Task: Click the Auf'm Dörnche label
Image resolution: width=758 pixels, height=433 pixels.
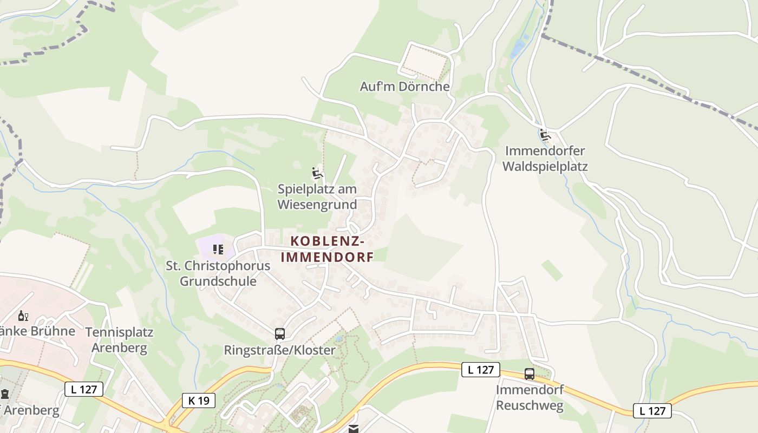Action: click(404, 87)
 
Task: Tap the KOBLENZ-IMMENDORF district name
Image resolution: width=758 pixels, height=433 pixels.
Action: click(327, 249)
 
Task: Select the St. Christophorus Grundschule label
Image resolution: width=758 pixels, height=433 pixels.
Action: click(218, 274)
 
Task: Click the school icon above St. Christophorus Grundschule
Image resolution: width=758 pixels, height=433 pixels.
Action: click(218, 250)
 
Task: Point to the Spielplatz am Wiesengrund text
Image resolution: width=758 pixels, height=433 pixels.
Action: click(317, 197)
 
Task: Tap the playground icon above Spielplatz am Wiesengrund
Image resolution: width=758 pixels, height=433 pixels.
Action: click(317, 174)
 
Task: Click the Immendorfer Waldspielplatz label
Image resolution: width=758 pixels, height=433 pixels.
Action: click(545, 159)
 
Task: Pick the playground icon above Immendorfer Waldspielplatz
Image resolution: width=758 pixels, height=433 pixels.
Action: click(545, 135)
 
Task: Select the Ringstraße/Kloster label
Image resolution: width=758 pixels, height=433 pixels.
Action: click(280, 350)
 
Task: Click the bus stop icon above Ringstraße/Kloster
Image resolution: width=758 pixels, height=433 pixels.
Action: click(280, 333)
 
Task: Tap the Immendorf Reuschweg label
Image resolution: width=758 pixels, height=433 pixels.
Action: click(530, 397)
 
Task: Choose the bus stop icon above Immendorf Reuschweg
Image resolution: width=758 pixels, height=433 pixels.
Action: click(530, 373)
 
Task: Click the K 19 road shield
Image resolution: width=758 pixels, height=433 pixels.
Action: click(199, 401)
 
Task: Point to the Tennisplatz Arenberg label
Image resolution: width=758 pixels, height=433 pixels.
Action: click(119, 340)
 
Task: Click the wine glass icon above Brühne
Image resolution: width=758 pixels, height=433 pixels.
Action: click(23, 316)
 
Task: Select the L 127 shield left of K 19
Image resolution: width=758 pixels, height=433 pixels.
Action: click(83, 389)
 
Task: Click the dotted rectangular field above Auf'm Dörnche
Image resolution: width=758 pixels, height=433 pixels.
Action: click(426, 61)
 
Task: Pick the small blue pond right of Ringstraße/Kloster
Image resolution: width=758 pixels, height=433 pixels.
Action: click(339, 339)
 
